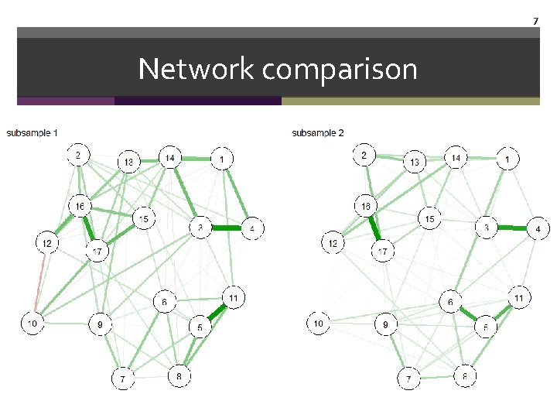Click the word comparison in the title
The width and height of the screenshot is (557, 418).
(x=340, y=70)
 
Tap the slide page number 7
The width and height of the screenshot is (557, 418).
(x=535, y=20)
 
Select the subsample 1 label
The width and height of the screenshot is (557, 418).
(x=32, y=133)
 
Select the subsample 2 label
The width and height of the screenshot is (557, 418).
(x=318, y=133)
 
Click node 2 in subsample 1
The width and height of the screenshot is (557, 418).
(x=78, y=156)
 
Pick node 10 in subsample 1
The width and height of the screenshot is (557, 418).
(x=32, y=324)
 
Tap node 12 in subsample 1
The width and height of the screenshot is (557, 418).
(x=47, y=244)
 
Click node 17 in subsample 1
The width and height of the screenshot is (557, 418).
(x=98, y=252)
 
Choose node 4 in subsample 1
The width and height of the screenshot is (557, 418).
(x=252, y=228)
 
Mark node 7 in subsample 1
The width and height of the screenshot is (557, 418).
(x=121, y=379)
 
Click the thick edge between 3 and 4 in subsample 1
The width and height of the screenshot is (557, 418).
(x=226, y=228)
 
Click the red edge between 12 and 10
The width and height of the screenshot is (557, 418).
(x=40, y=283)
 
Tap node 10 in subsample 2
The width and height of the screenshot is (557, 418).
(x=318, y=322)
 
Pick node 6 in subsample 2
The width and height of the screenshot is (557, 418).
(x=450, y=302)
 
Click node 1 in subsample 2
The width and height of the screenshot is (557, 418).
(x=507, y=159)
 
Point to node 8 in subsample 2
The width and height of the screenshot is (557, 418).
(x=464, y=376)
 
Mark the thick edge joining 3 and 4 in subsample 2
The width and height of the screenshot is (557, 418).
(x=512, y=228)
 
